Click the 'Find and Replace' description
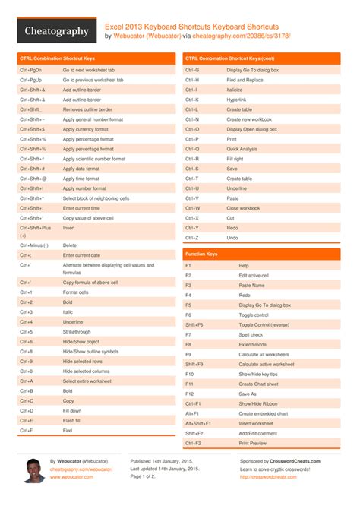click(x=244, y=79)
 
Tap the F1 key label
click(x=188, y=265)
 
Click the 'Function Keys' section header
click(x=202, y=254)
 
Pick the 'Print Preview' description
click(x=253, y=443)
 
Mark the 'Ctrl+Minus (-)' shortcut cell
click(x=34, y=245)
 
